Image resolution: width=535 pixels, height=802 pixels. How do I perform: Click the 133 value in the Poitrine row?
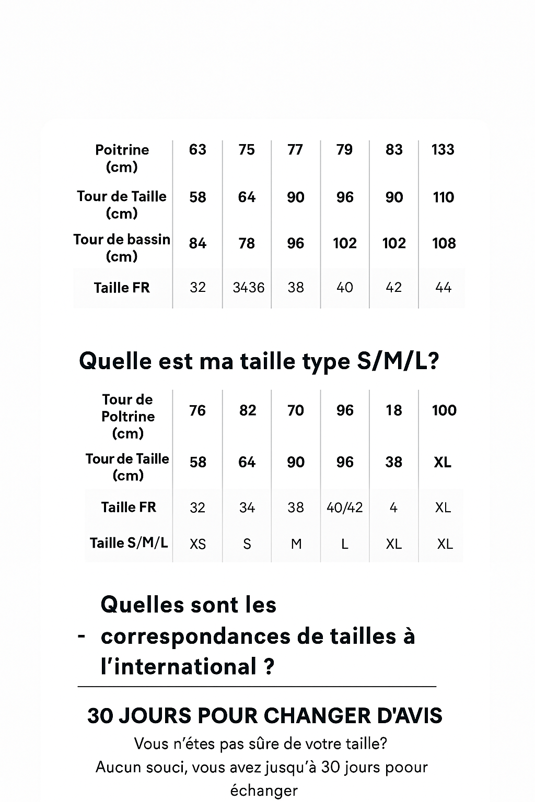click(443, 150)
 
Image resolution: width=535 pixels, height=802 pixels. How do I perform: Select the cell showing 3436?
click(248, 287)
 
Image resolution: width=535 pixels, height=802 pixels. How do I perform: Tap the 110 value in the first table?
click(443, 197)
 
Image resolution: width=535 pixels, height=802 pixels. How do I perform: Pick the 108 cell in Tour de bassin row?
click(444, 243)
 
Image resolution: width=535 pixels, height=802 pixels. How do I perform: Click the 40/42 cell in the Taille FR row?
click(344, 508)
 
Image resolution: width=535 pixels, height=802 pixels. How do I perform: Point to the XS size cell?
click(197, 544)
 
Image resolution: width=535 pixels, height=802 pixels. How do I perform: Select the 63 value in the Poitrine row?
click(197, 150)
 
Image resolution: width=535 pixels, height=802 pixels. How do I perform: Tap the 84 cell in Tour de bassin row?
click(197, 243)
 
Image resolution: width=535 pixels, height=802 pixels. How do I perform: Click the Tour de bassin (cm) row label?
click(122, 247)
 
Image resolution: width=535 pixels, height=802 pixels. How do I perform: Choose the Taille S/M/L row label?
click(129, 543)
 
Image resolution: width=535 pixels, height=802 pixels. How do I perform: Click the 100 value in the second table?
click(444, 410)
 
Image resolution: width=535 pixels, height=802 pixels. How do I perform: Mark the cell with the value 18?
click(393, 410)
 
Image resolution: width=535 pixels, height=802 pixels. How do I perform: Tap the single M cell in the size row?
click(296, 544)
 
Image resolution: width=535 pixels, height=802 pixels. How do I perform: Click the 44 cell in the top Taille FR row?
click(443, 287)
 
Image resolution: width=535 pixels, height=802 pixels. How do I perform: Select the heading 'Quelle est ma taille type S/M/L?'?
click(259, 361)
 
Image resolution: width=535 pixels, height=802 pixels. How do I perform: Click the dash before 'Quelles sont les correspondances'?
click(81, 636)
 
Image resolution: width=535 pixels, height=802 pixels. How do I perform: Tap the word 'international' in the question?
click(185, 667)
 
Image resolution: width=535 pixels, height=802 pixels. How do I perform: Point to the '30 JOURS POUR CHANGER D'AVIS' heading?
click(265, 716)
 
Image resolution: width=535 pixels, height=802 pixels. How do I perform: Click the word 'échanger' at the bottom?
click(264, 791)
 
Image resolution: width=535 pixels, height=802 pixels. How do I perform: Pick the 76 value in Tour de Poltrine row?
click(197, 410)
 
